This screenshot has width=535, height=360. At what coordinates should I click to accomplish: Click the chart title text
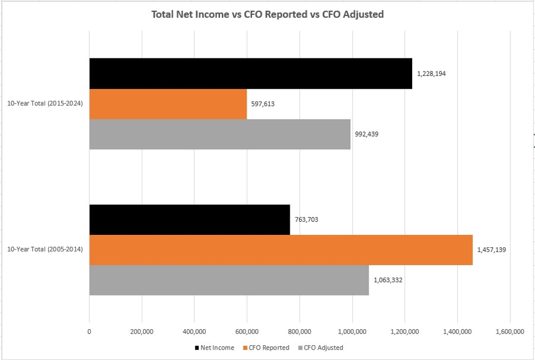[x=267, y=14]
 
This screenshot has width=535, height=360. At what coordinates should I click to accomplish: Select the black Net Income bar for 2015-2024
[x=250, y=73]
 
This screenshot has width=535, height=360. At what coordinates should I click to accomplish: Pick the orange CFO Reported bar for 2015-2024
[x=168, y=104]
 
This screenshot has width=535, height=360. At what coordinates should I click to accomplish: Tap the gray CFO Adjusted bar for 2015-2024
[x=219, y=134]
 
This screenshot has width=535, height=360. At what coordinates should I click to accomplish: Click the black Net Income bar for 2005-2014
[x=189, y=219]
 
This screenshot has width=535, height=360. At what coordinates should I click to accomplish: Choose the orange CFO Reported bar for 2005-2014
[x=281, y=250]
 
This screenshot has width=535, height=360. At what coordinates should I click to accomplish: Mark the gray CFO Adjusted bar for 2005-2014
[x=229, y=280]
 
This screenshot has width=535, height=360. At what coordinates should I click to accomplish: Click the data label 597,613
[x=263, y=104]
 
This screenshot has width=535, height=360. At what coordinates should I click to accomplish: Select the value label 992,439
[x=366, y=134]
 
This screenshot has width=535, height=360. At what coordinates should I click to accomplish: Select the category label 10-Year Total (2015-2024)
[x=45, y=104]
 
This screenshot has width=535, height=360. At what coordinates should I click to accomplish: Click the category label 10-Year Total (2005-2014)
[x=45, y=250]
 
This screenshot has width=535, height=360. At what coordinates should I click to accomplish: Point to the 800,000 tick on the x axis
[x=300, y=332]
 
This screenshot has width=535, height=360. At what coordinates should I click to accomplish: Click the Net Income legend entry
[x=214, y=347]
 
